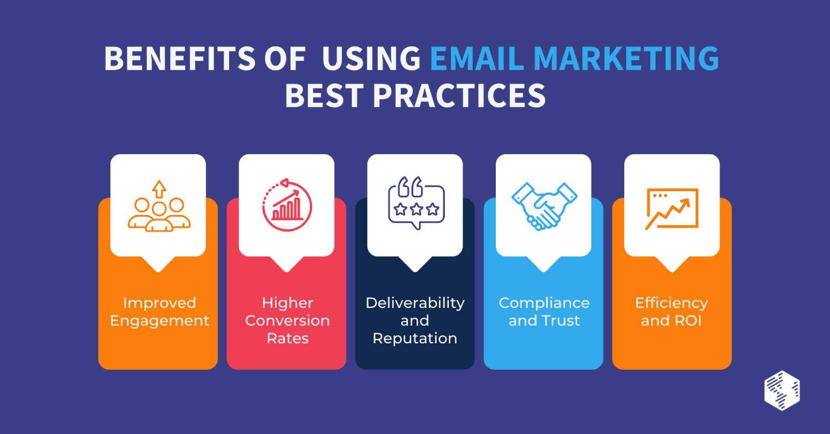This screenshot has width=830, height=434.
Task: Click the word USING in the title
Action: click(371, 59)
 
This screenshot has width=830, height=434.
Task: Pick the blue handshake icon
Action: click(544, 205)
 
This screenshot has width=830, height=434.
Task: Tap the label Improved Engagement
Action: click(159, 312)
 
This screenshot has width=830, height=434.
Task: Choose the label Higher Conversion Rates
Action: click(287, 321)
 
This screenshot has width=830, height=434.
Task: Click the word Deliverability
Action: click(415, 303)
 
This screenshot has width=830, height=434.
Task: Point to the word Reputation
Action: click(415, 338)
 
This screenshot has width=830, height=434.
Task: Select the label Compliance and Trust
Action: click(544, 312)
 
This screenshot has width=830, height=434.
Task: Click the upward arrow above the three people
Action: click(159, 189)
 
